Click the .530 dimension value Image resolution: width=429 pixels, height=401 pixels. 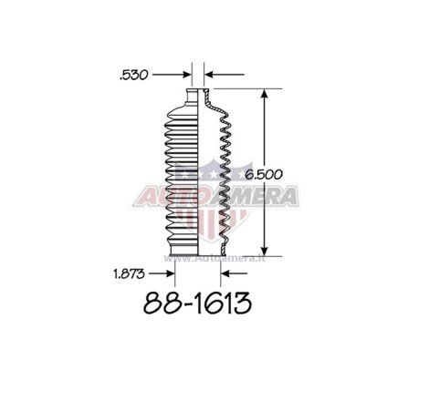click(134, 75)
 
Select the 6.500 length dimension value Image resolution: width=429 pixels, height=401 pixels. click(264, 174)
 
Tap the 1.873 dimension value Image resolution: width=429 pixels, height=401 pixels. click(129, 274)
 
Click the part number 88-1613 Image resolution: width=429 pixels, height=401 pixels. click(197, 303)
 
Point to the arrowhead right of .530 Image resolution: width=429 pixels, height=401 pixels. click(187, 75)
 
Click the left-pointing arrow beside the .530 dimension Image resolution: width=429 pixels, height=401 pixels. click(225, 74)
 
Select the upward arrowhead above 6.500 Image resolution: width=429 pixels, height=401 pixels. click(265, 94)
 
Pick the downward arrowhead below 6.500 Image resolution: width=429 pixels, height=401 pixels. click(265, 252)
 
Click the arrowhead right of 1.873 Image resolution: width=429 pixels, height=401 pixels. click(170, 273)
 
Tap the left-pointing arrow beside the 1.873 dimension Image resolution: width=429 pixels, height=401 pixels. click(235, 273)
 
